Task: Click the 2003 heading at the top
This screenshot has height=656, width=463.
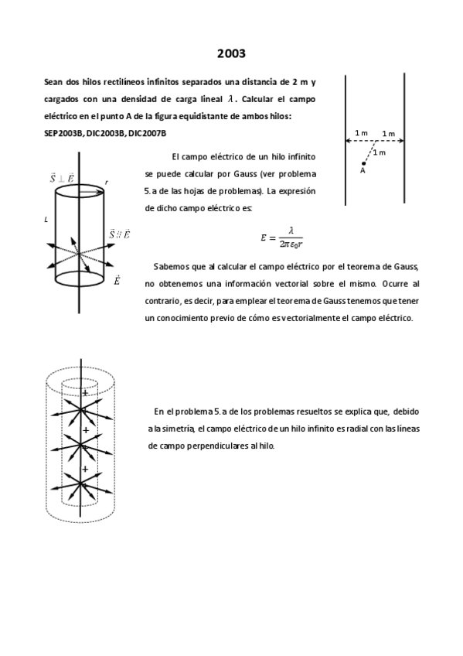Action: pyautogui.click(x=231, y=53)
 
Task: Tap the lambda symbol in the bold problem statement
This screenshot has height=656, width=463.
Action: pyautogui.click(x=230, y=99)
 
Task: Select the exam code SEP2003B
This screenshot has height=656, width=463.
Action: pyautogui.click(x=64, y=133)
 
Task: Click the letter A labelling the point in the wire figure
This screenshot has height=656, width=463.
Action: pyautogui.click(x=363, y=172)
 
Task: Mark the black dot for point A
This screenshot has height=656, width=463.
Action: pyautogui.click(x=364, y=163)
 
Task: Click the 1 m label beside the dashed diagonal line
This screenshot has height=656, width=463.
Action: pyautogui.click(x=379, y=153)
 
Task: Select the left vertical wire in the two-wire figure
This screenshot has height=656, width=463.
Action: pyautogui.click(x=346, y=139)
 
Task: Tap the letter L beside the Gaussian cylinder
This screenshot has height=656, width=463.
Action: pyautogui.click(x=47, y=220)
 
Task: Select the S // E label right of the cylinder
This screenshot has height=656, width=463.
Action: pyautogui.click(x=119, y=233)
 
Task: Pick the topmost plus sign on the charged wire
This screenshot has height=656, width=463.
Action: pyautogui.click(x=85, y=395)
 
